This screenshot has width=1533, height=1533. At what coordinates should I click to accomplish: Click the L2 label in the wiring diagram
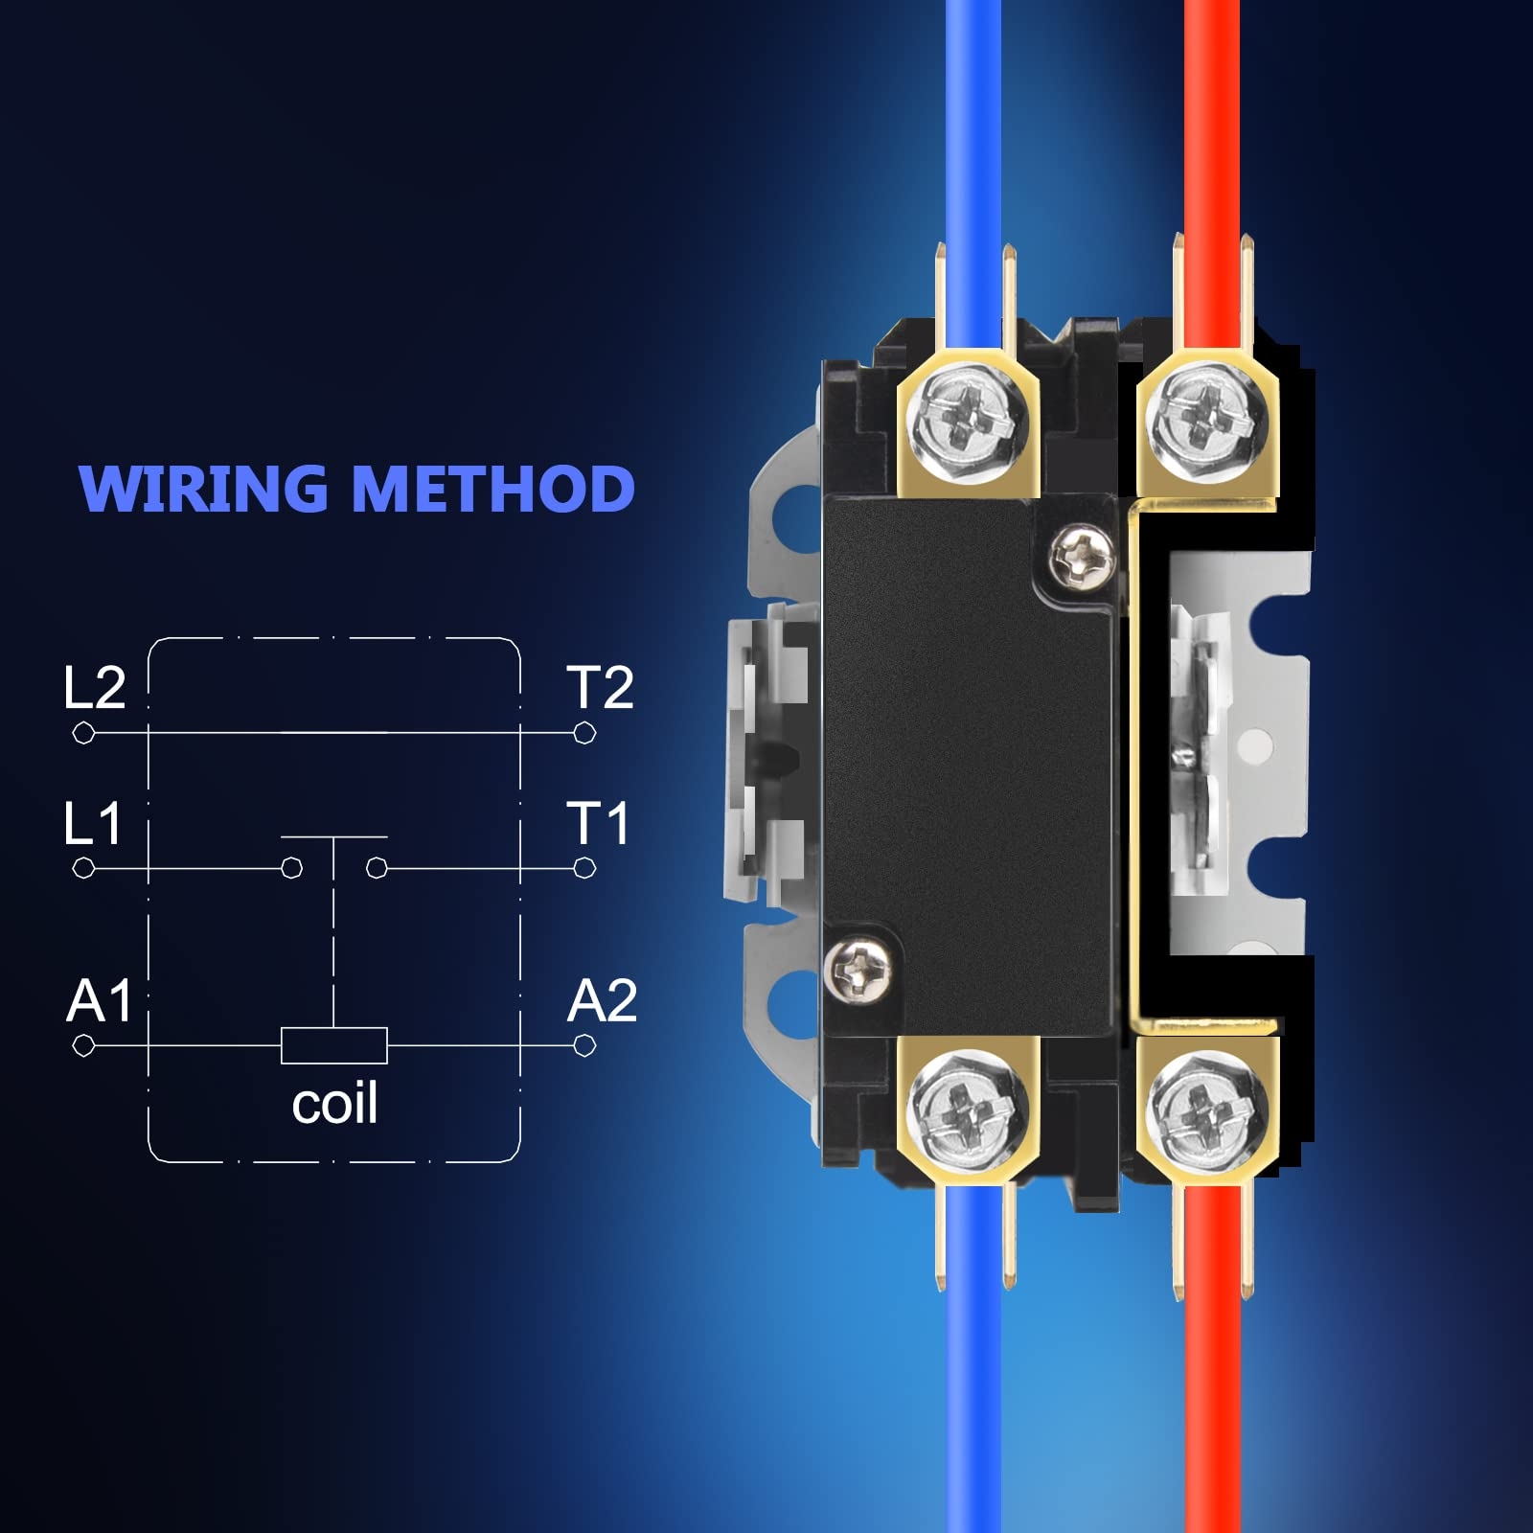pos(94,688)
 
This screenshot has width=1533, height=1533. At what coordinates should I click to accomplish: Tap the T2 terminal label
pos(600,688)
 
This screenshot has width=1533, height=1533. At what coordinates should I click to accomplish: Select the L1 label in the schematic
pos(92,824)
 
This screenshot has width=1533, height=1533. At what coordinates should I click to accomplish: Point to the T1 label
pos(598,824)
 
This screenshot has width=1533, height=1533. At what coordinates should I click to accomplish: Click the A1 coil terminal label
pos(99,1001)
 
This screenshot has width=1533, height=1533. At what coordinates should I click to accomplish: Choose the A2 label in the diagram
pos(602,1001)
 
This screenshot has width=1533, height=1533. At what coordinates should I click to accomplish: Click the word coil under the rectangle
pos(334,1105)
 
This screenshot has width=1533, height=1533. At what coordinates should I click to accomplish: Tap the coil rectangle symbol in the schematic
pos(334,1045)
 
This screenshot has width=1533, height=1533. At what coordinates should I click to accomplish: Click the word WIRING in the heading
pos(203,489)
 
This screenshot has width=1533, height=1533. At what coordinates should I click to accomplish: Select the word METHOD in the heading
pos(493,489)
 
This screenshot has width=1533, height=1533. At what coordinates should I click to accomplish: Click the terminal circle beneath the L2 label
pos(83,734)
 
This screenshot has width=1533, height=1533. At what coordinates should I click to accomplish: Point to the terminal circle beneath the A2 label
pos(584,1045)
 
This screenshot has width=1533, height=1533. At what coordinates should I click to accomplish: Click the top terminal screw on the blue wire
pos(968,419)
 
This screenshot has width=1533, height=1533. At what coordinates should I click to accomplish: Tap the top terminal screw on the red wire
pos(1206,419)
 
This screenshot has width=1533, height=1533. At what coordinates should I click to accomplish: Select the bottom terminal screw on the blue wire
pos(968,1110)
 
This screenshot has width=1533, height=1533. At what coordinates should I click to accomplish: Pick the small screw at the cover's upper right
pos(1083,553)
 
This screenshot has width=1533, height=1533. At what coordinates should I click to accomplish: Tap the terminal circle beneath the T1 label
pos(584,868)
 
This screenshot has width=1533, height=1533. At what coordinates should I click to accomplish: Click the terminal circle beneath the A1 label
pos(83,1045)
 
